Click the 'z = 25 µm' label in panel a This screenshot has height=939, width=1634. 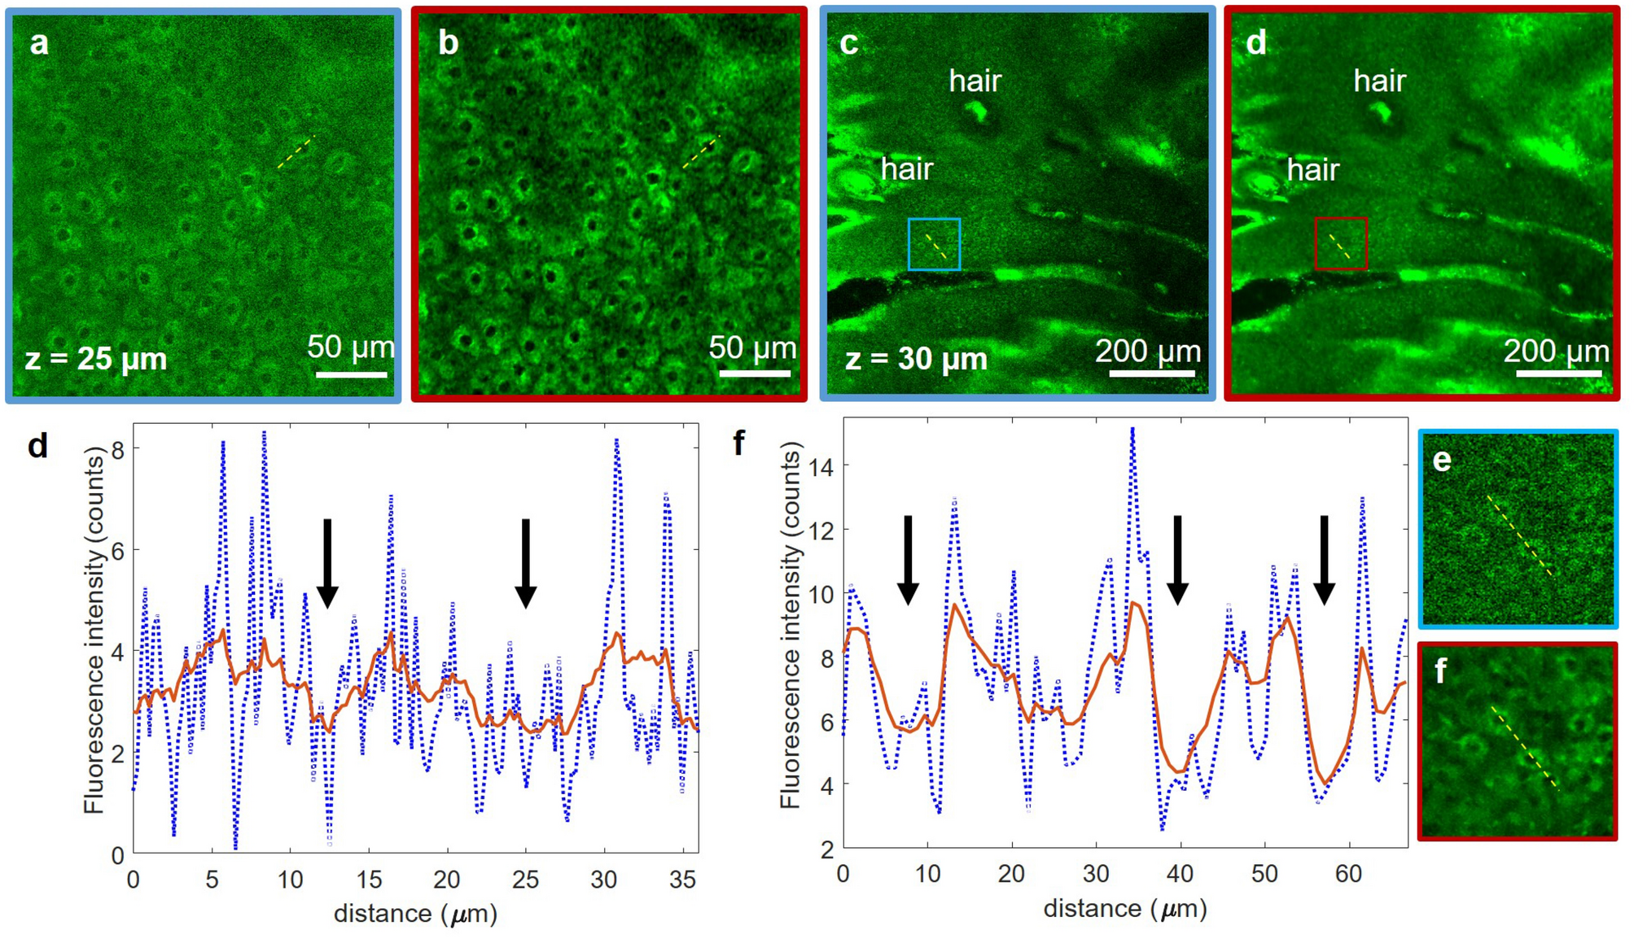96,359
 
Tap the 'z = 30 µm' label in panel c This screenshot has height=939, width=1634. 916,359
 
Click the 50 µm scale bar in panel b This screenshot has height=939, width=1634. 755,373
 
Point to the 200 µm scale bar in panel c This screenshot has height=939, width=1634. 1151,373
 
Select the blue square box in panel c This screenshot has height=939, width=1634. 934,244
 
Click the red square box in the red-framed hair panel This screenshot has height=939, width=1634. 1340,243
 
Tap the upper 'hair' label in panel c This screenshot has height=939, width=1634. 975,81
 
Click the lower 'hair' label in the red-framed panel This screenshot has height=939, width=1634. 1312,170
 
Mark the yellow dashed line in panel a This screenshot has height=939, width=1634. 296,152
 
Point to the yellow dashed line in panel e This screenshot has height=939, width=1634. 1519,535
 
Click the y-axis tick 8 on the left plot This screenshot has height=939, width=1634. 118,449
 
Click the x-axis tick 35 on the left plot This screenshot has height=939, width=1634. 682,880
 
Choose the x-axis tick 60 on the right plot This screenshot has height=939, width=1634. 1348,875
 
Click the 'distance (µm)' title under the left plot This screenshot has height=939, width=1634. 415,914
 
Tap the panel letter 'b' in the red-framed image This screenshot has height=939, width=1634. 448,43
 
